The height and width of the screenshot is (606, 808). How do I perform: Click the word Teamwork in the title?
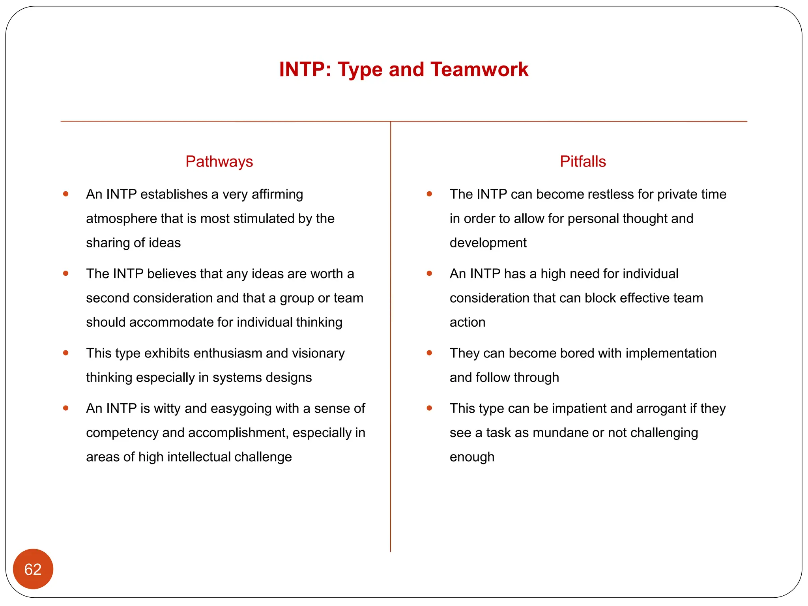point(479,69)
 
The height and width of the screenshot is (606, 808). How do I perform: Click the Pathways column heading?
point(219,161)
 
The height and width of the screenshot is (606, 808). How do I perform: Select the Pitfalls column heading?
point(583,161)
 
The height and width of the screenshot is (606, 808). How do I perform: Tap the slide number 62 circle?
point(33,569)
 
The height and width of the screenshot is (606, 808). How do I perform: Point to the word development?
point(488,243)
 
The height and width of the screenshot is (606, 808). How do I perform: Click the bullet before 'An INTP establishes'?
point(66,194)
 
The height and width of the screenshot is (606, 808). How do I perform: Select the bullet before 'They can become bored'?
point(430,353)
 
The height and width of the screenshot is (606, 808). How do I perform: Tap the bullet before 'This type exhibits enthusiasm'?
point(66,353)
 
